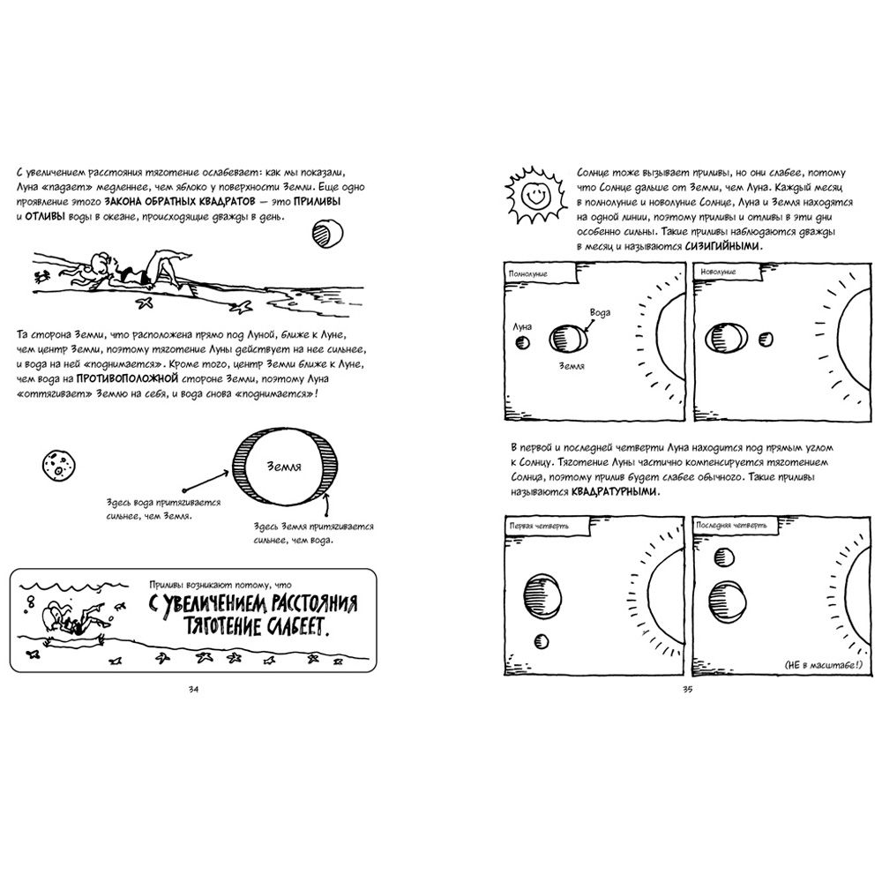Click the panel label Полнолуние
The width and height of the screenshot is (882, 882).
528,274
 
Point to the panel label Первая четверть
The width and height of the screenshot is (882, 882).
537,526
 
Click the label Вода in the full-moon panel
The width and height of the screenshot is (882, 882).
599,313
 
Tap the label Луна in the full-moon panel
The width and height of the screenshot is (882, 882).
522,326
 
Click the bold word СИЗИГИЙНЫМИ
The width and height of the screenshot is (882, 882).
722,249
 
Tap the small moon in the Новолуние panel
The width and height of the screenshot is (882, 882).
765,339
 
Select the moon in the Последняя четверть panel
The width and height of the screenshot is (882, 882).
725,557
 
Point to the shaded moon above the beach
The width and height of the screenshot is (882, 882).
326,233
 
